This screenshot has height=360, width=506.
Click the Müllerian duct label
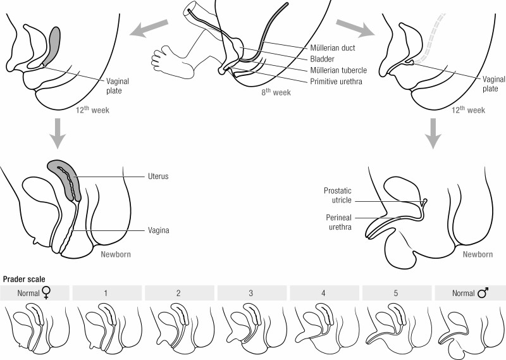[333, 48]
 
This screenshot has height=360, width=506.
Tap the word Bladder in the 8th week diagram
[322, 59]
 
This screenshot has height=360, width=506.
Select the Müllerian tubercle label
[338, 70]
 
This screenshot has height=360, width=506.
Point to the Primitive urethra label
[336, 82]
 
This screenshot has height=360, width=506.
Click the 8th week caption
[276, 92]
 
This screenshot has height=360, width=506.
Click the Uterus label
[158, 177]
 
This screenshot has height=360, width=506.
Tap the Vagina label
[159, 230]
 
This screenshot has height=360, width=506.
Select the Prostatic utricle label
[338, 196]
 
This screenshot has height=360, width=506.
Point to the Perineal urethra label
[338, 222]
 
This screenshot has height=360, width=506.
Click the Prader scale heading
[24, 279]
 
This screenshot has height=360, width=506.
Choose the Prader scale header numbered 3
[250, 293]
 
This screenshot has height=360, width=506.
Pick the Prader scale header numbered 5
[396, 293]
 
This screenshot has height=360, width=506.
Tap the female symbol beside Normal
[47, 293]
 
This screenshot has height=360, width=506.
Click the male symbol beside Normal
[483, 292]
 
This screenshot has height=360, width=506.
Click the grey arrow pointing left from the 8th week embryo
[149, 28]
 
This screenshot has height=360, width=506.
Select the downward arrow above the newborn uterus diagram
[58, 133]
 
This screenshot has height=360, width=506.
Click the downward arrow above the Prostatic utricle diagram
[433, 133]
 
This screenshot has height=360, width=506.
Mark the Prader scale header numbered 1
[106, 293]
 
